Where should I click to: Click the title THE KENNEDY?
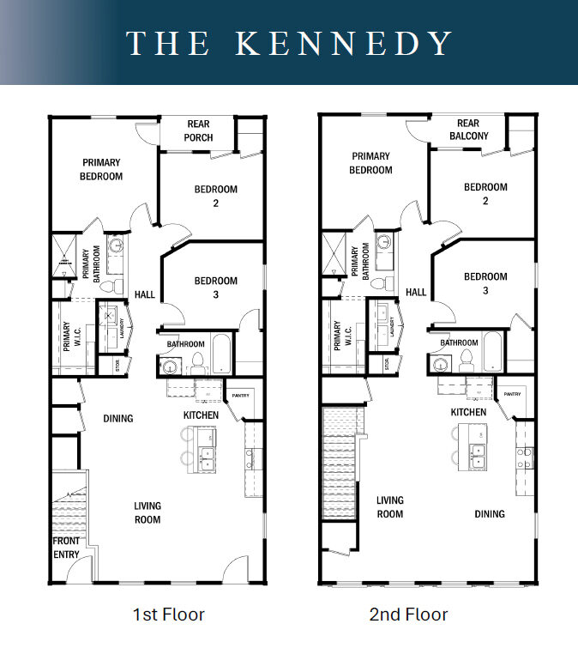[289, 43]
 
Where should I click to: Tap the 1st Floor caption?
[169, 614]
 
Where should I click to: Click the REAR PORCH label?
[199, 130]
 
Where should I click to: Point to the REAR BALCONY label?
[468, 130]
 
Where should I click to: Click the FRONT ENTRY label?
[67, 548]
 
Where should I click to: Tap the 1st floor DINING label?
[118, 419]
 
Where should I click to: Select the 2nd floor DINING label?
[490, 514]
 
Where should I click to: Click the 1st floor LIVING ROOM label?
[148, 512]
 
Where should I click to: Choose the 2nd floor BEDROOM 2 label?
[485, 194]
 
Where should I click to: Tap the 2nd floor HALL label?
[416, 292]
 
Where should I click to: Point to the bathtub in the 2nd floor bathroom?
[492, 351]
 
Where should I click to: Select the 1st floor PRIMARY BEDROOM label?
[102, 169]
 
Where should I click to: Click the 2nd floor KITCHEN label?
[469, 412]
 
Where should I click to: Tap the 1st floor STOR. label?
[118, 365]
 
